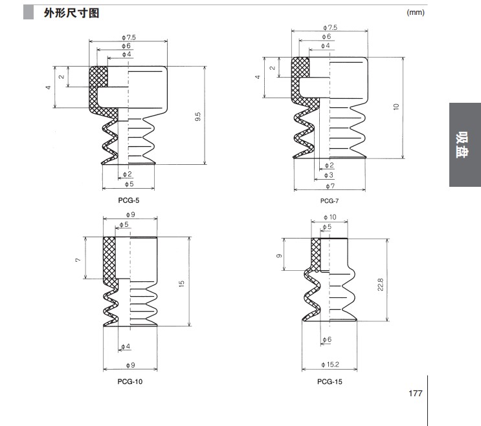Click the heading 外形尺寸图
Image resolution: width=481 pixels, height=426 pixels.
71,13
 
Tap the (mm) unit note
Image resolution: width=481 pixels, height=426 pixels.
415,13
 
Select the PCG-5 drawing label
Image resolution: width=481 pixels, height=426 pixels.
128,200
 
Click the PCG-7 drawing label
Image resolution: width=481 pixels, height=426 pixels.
329,201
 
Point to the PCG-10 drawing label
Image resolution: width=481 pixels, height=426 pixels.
131,381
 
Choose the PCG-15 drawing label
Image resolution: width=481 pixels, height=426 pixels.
330,381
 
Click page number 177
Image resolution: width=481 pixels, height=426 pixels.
415,393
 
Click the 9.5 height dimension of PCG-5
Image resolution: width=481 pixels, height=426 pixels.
198,117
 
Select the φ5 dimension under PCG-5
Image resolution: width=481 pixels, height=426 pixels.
128,184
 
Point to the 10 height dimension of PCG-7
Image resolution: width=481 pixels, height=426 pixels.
396,107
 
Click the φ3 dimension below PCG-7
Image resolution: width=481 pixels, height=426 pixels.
329,175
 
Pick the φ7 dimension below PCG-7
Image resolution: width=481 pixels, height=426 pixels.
330,186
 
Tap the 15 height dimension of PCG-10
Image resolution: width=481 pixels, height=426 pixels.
183,282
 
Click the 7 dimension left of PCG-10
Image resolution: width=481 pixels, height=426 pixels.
77,259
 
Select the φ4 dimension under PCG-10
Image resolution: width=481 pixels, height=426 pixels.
125,347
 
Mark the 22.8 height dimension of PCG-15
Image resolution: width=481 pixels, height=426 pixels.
381,284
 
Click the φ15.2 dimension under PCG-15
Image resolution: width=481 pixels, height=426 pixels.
330,366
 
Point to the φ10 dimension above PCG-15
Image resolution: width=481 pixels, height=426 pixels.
330,217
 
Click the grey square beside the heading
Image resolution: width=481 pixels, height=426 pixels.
28,13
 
